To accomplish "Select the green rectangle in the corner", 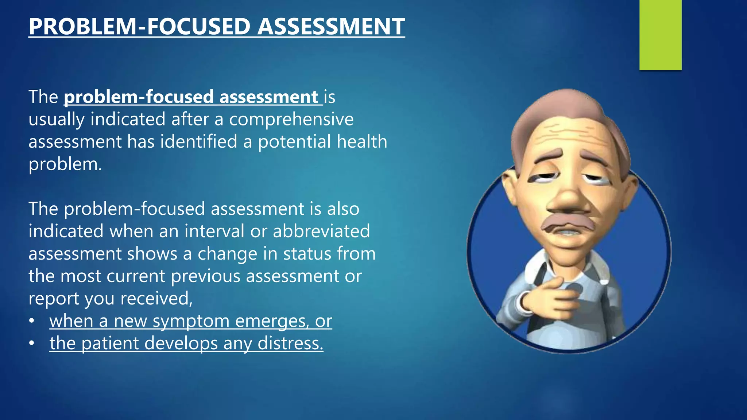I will point(660,35).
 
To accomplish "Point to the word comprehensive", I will point(291,120).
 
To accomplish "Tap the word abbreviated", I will point(321,231).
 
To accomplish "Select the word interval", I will point(214,231).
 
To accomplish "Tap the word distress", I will point(290,343).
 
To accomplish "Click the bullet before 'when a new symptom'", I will point(32,321).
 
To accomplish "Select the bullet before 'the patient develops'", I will point(32,343).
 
